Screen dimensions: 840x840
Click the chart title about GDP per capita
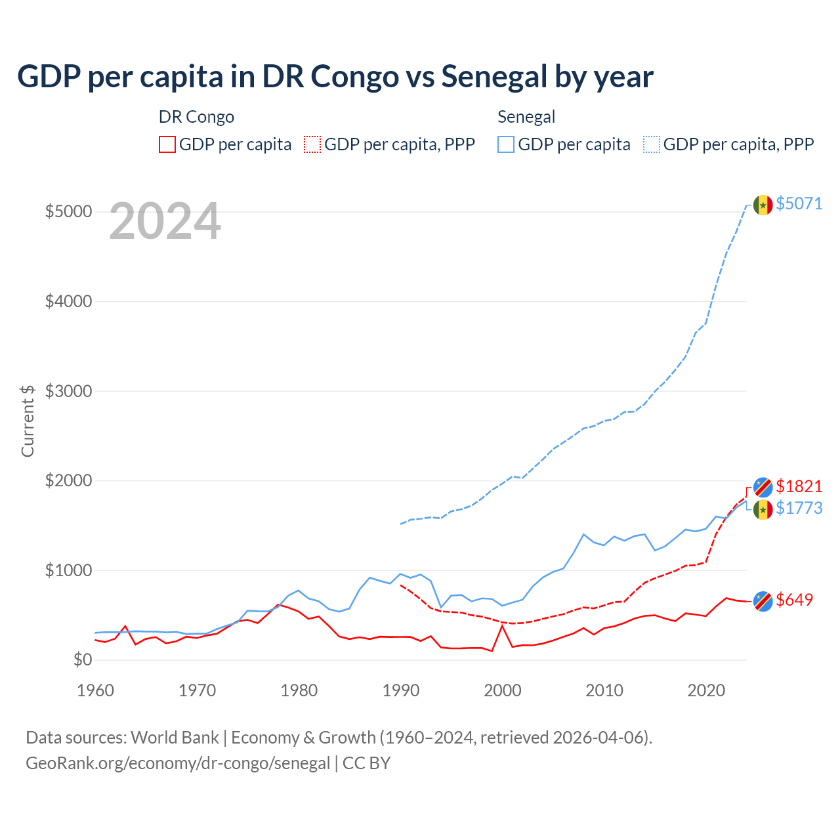coord(335,77)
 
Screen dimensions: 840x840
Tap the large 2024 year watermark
coord(165,222)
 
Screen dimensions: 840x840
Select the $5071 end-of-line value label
coord(799,203)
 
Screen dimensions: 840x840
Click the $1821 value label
coord(799,486)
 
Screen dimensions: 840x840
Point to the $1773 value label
coord(799,508)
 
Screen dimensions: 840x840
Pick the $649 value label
coord(794,600)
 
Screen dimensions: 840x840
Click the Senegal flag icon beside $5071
coord(763,205)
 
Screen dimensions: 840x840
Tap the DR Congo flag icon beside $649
coord(763,600)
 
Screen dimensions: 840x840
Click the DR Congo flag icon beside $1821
coord(763,487)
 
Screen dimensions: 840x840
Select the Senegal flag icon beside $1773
coord(763,509)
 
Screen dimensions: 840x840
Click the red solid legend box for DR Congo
coord(167,144)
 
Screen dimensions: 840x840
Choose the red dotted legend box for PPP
coord(313,144)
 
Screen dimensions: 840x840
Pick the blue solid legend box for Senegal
coord(506,144)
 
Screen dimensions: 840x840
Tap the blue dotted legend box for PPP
coord(652,144)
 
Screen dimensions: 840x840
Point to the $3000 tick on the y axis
coord(68,391)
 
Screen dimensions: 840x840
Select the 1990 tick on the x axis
coord(400,690)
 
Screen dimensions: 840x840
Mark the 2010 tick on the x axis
coord(604,690)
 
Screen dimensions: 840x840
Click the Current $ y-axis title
coord(28,421)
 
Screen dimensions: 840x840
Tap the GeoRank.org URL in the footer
coord(178,763)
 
